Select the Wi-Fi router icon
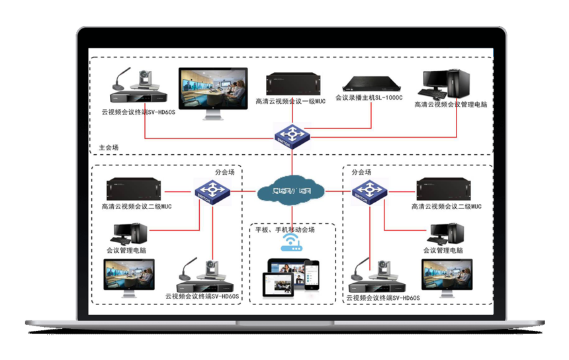[x=292, y=243]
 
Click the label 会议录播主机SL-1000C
[x=369, y=97]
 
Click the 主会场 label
[x=109, y=148]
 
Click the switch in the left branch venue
[x=212, y=192]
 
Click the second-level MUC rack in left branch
[x=138, y=189]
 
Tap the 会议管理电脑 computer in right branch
[x=448, y=234]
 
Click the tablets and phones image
[x=292, y=276]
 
